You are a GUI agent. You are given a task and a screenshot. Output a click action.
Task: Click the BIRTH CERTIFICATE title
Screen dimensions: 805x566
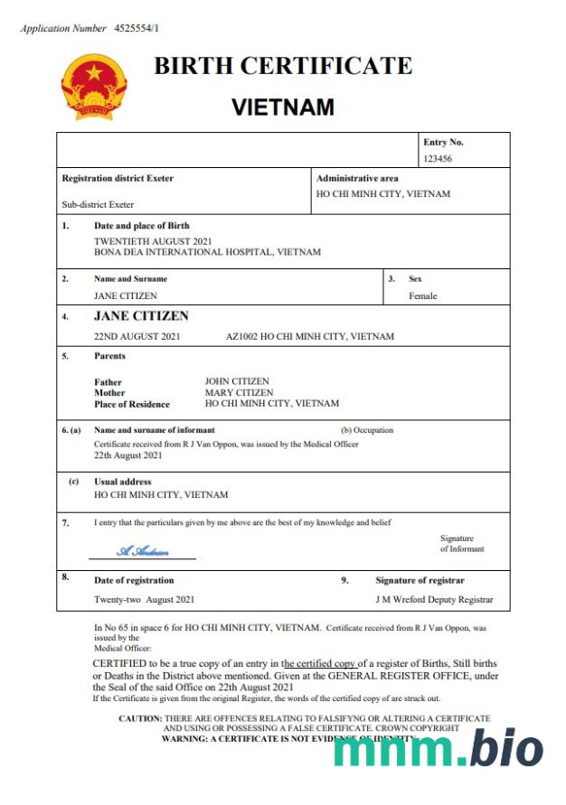[x=282, y=66]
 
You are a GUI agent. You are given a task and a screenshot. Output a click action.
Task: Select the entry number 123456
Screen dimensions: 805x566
[x=438, y=158]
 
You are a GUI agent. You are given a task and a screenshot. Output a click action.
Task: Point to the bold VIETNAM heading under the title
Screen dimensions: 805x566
[x=282, y=108]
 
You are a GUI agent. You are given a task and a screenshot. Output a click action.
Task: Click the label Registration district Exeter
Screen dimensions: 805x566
[x=118, y=178]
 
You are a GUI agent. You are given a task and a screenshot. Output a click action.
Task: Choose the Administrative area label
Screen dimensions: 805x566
[x=357, y=178]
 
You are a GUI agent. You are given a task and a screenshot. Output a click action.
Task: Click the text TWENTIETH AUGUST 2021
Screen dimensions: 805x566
[x=153, y=241]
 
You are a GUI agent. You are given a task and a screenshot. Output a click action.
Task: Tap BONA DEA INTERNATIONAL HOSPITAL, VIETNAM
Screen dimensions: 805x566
[x=207, y=252]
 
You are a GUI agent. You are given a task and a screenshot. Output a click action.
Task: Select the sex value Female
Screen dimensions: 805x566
[x=422, y=295]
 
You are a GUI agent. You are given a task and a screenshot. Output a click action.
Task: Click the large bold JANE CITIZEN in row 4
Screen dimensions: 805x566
[x=142, y=316]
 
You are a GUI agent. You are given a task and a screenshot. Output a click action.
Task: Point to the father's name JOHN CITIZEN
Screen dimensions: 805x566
[x=237, y=381]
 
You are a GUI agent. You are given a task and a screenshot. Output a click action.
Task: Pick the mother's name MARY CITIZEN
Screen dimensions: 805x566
[x=239, y=392]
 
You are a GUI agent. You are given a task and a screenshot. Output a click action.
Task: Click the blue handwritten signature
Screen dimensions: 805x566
[x=143, y=551]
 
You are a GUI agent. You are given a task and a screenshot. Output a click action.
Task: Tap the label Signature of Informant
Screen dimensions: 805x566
[x=462, y=544]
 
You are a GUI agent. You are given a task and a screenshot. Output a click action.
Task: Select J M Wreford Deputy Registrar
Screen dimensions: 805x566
[x=434, y=599]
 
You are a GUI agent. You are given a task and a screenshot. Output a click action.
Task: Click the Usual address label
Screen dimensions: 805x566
[x=123, y=482]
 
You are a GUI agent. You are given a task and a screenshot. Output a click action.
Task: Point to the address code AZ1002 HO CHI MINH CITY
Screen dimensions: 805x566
[x=309, y=336]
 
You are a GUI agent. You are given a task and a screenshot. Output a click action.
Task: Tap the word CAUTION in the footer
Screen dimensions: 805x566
[x=139, y=717]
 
